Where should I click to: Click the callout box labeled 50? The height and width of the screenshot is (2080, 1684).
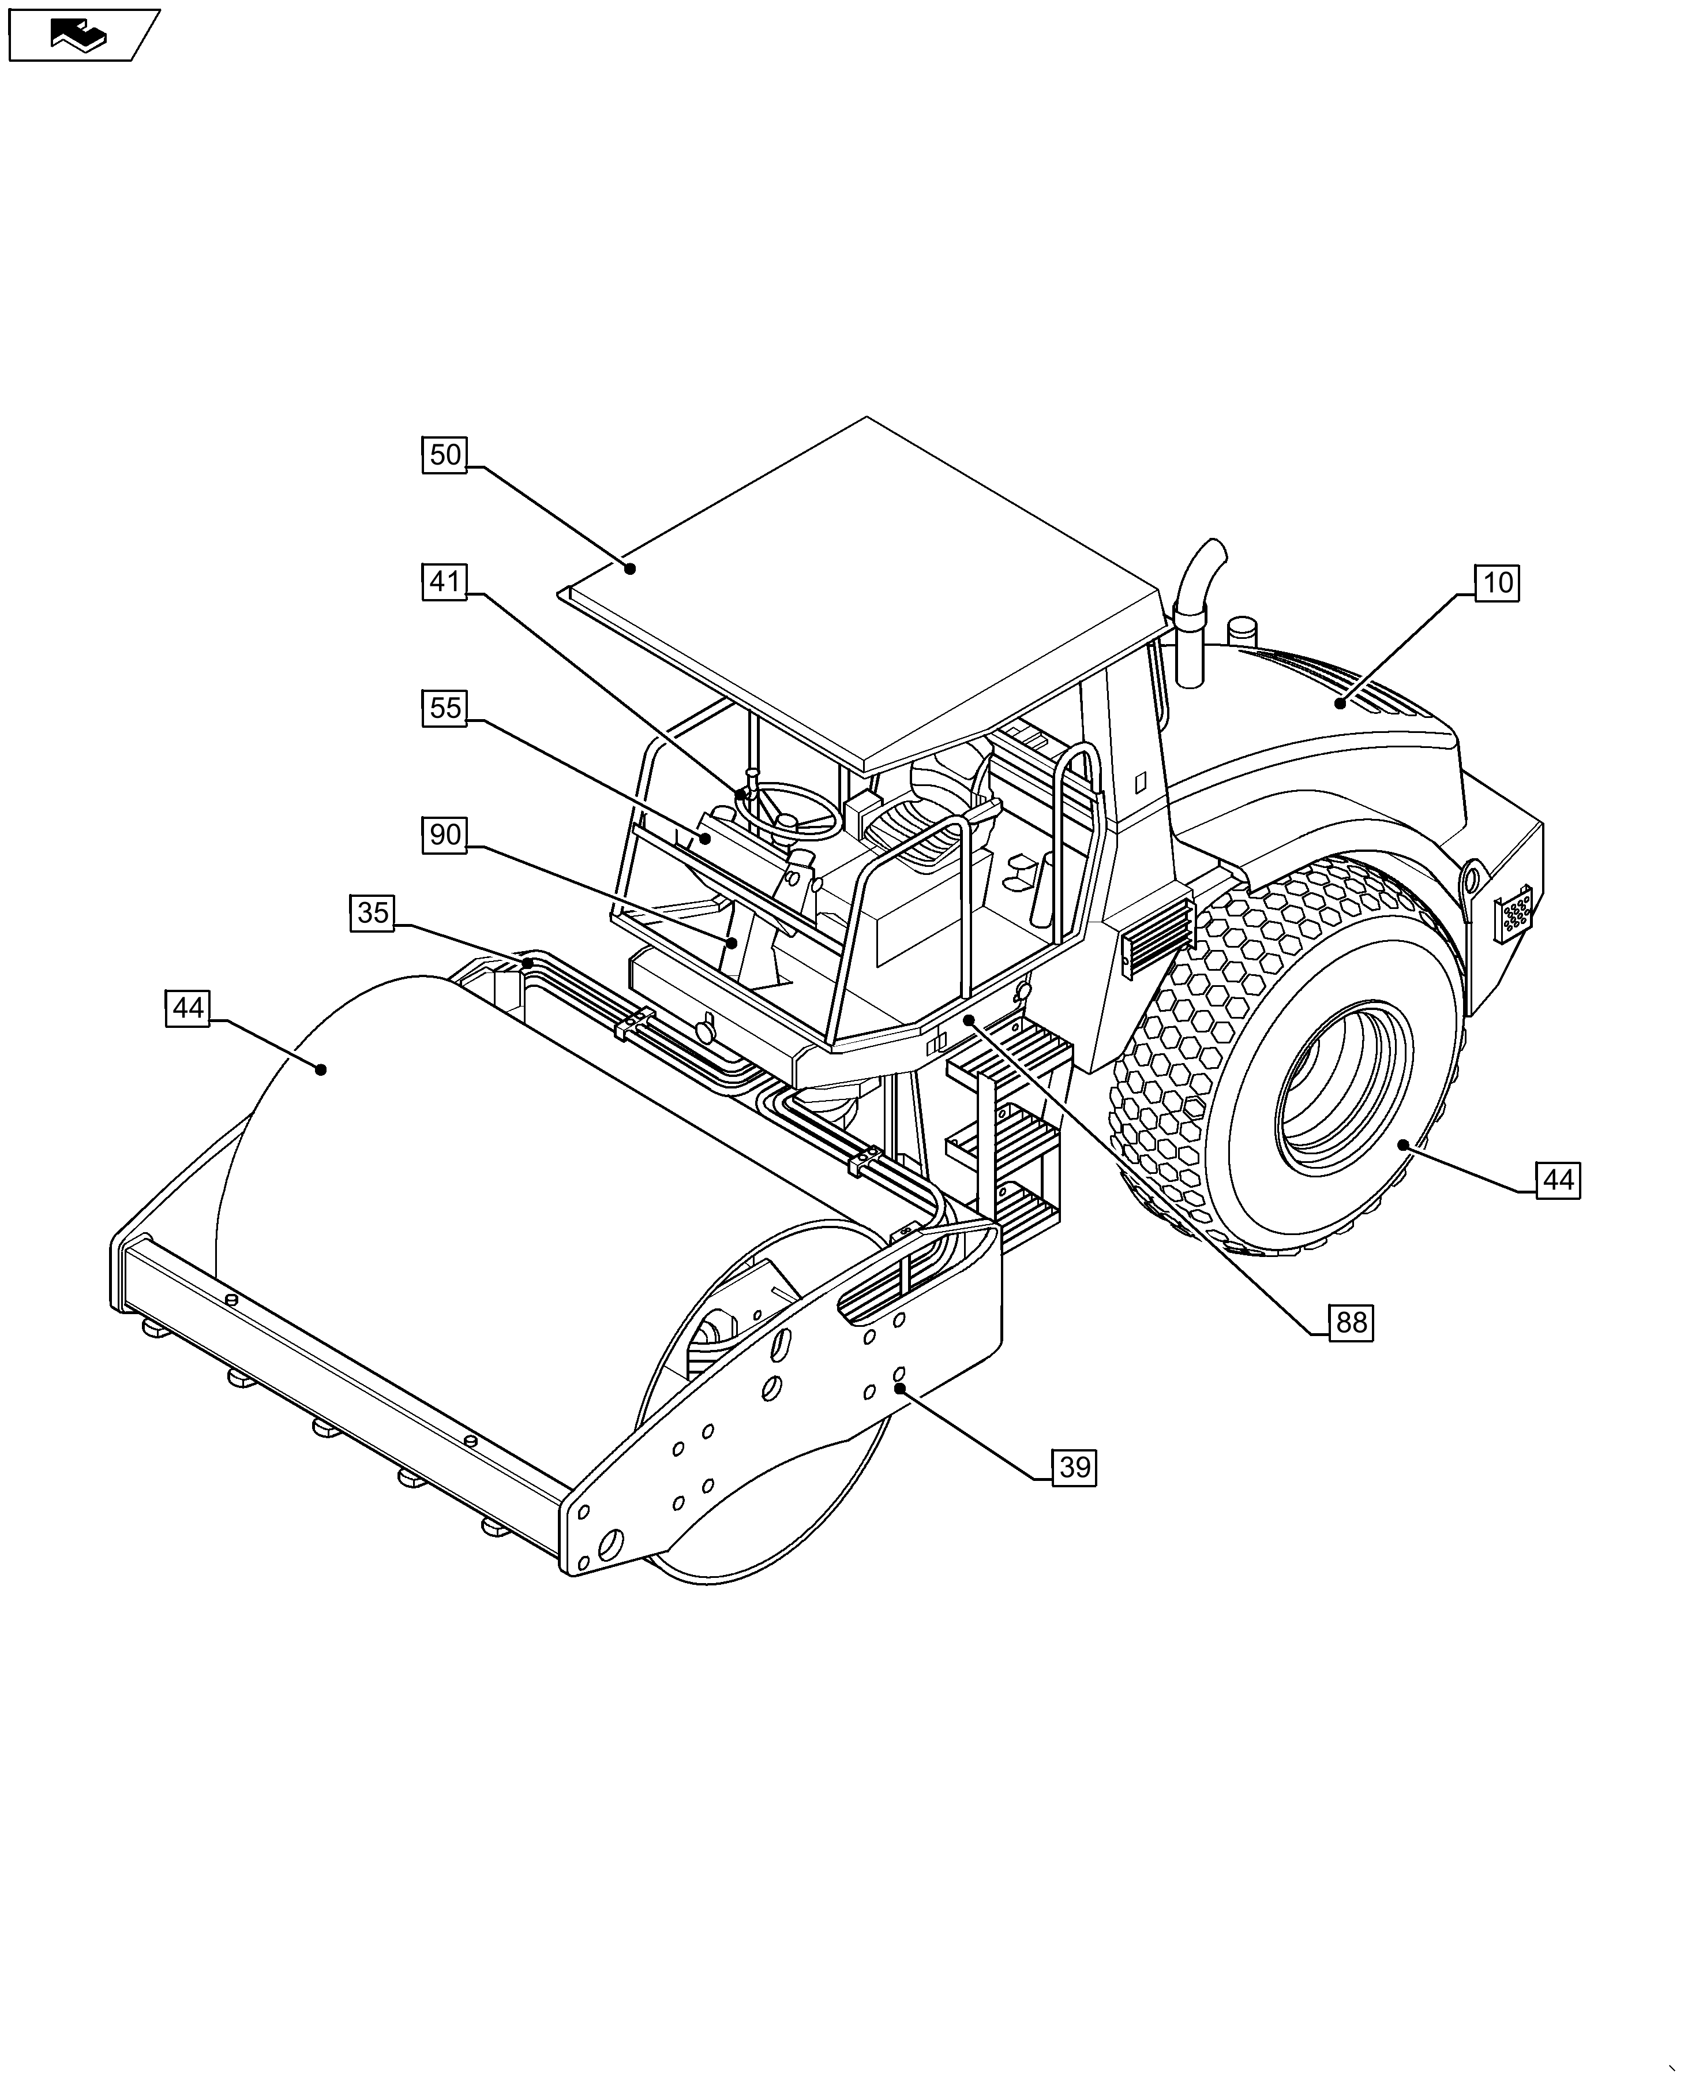click(445, 455)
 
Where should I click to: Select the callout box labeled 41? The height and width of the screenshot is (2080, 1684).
click(445, 582)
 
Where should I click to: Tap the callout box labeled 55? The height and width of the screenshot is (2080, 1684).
click(445, 708)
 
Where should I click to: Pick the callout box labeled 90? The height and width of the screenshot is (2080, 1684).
click(445, 835)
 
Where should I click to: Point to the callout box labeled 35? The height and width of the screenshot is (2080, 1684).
click(373, 914)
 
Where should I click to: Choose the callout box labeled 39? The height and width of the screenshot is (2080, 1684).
click(1075, 1467)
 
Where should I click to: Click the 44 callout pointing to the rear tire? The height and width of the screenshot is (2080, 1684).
click(1558, 1181)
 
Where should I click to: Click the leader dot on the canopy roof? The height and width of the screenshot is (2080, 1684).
click(629, 568)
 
